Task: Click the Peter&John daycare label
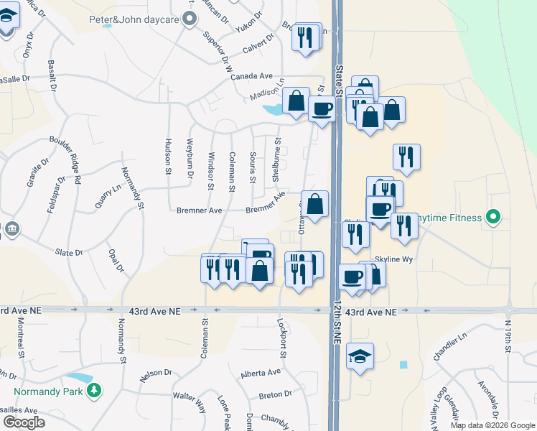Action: click(134, 19)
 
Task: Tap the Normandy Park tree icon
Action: click(93, 391)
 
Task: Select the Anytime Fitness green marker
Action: click(492, 215)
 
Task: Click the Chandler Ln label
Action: click(450, 346)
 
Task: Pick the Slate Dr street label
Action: click(70, 252)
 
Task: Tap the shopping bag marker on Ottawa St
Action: click(315, 204)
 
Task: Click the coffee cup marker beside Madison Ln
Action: click(322, 108)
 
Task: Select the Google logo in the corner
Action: click(23, 422)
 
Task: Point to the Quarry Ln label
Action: click(108, 198)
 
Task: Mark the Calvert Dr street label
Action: click(258, 44)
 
